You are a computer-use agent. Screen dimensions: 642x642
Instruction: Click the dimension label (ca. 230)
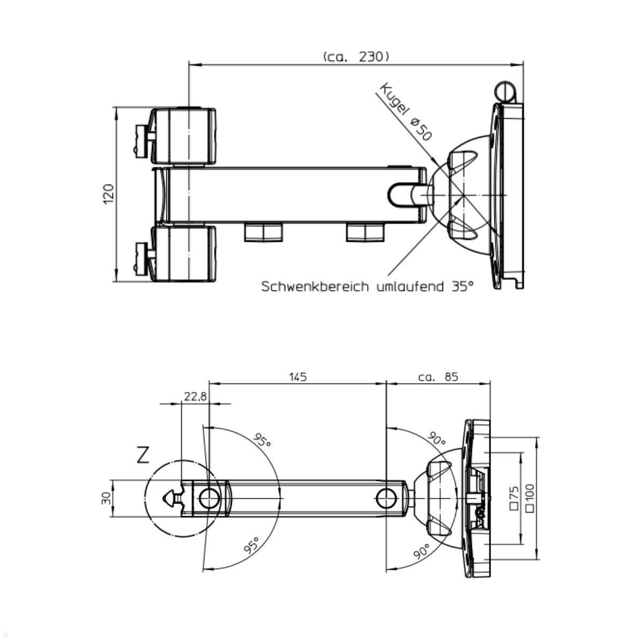[x=356, y=57]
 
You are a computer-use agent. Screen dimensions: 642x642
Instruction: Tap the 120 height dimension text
[x=109, y=194]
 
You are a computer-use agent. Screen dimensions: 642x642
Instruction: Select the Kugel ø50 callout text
[x=406, y=112]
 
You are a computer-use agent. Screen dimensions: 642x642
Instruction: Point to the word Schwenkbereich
[x=315, y=286]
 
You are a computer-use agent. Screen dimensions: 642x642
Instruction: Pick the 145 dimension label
[x=297, y=377]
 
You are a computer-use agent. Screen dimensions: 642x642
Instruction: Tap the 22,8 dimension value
[x=195, y=396]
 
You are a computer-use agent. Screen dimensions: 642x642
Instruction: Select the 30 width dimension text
[x=106, y=499]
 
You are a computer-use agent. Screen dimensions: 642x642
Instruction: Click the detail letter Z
[x=143, y=455]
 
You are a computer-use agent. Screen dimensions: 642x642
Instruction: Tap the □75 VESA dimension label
[x=514, y=499]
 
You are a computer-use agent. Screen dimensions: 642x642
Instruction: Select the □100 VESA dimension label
[x=530, y=499]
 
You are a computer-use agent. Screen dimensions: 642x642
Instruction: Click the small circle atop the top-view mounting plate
[x=505, y=91]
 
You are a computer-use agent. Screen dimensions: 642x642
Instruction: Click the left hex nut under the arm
[x=263, y=232]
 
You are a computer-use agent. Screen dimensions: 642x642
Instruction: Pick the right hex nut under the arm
[x=365, y=232]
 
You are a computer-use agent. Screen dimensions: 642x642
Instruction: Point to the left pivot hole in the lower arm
[x=209, y=499]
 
